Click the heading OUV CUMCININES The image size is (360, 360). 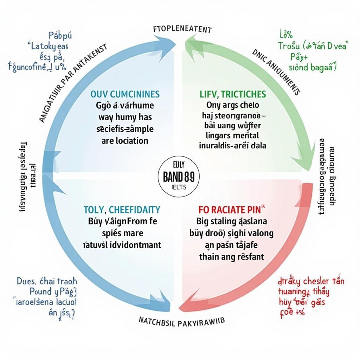pos(125,94)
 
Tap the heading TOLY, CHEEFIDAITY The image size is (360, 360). pos(122,210)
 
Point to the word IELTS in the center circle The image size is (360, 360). pos(179,187)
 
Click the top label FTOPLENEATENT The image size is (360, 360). pos(182,29)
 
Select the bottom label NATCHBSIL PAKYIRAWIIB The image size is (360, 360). pos(182,321)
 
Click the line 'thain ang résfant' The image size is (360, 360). pos(231,257)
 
